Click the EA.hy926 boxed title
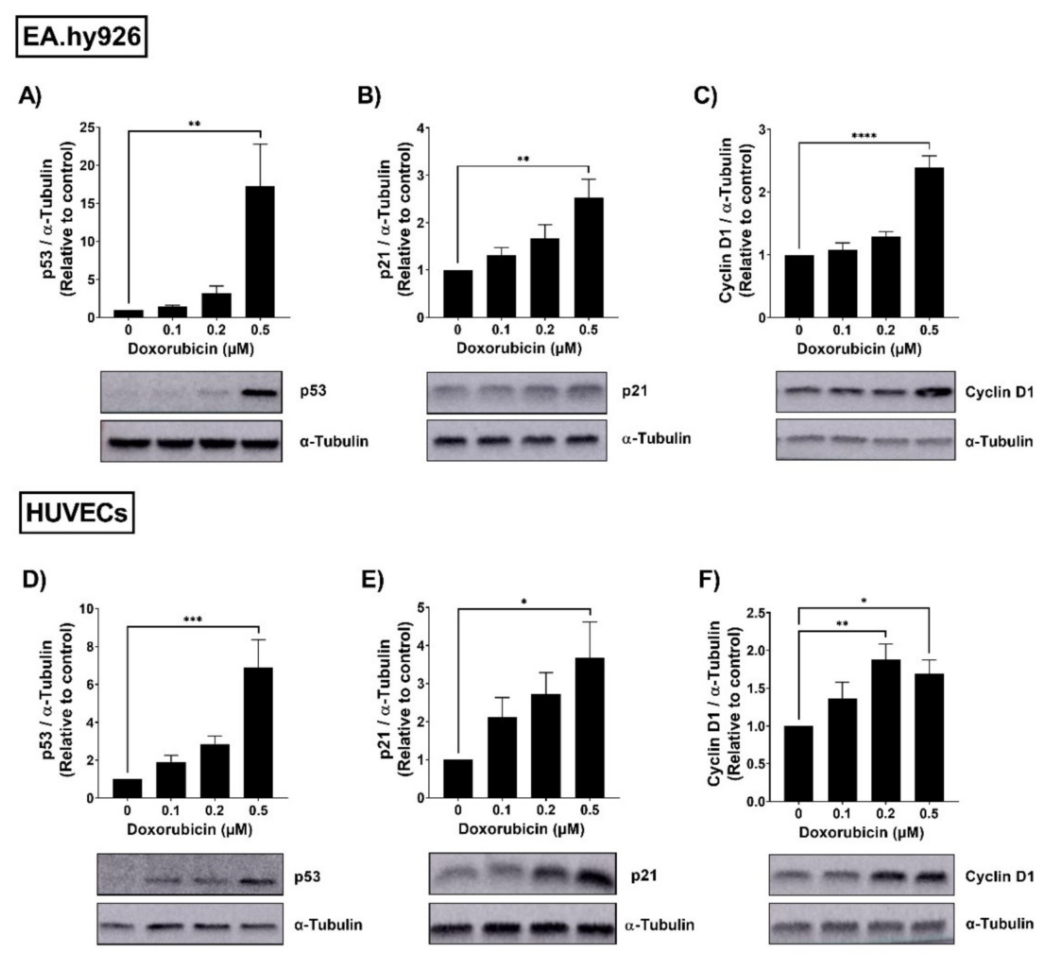point(82,36)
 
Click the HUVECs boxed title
point(77,513)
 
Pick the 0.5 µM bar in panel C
point(929,242)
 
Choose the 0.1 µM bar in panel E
point(502,757)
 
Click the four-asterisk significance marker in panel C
point(864,136)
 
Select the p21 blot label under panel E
point(644,876)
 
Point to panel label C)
point(706,97)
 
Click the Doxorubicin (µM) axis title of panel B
point(519,348)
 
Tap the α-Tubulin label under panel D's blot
point(328,925)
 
